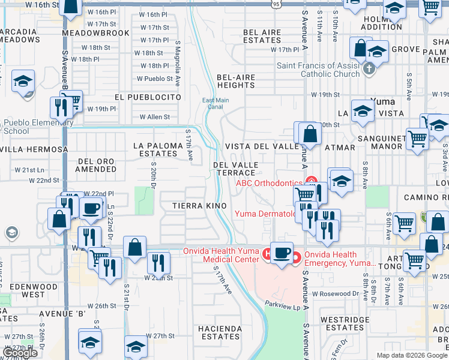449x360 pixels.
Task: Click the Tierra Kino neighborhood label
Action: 199,206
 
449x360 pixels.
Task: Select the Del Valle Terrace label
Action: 236,169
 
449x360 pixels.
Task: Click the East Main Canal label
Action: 216,104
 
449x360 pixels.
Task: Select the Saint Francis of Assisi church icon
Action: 369,69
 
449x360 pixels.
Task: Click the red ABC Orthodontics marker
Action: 312,181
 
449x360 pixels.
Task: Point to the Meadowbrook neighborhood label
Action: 95,33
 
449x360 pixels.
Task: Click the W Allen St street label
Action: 154,117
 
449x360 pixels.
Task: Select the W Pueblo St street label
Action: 154,79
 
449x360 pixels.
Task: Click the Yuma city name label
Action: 383,101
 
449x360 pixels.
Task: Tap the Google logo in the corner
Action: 20,353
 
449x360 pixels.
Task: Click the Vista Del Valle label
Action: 262,146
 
